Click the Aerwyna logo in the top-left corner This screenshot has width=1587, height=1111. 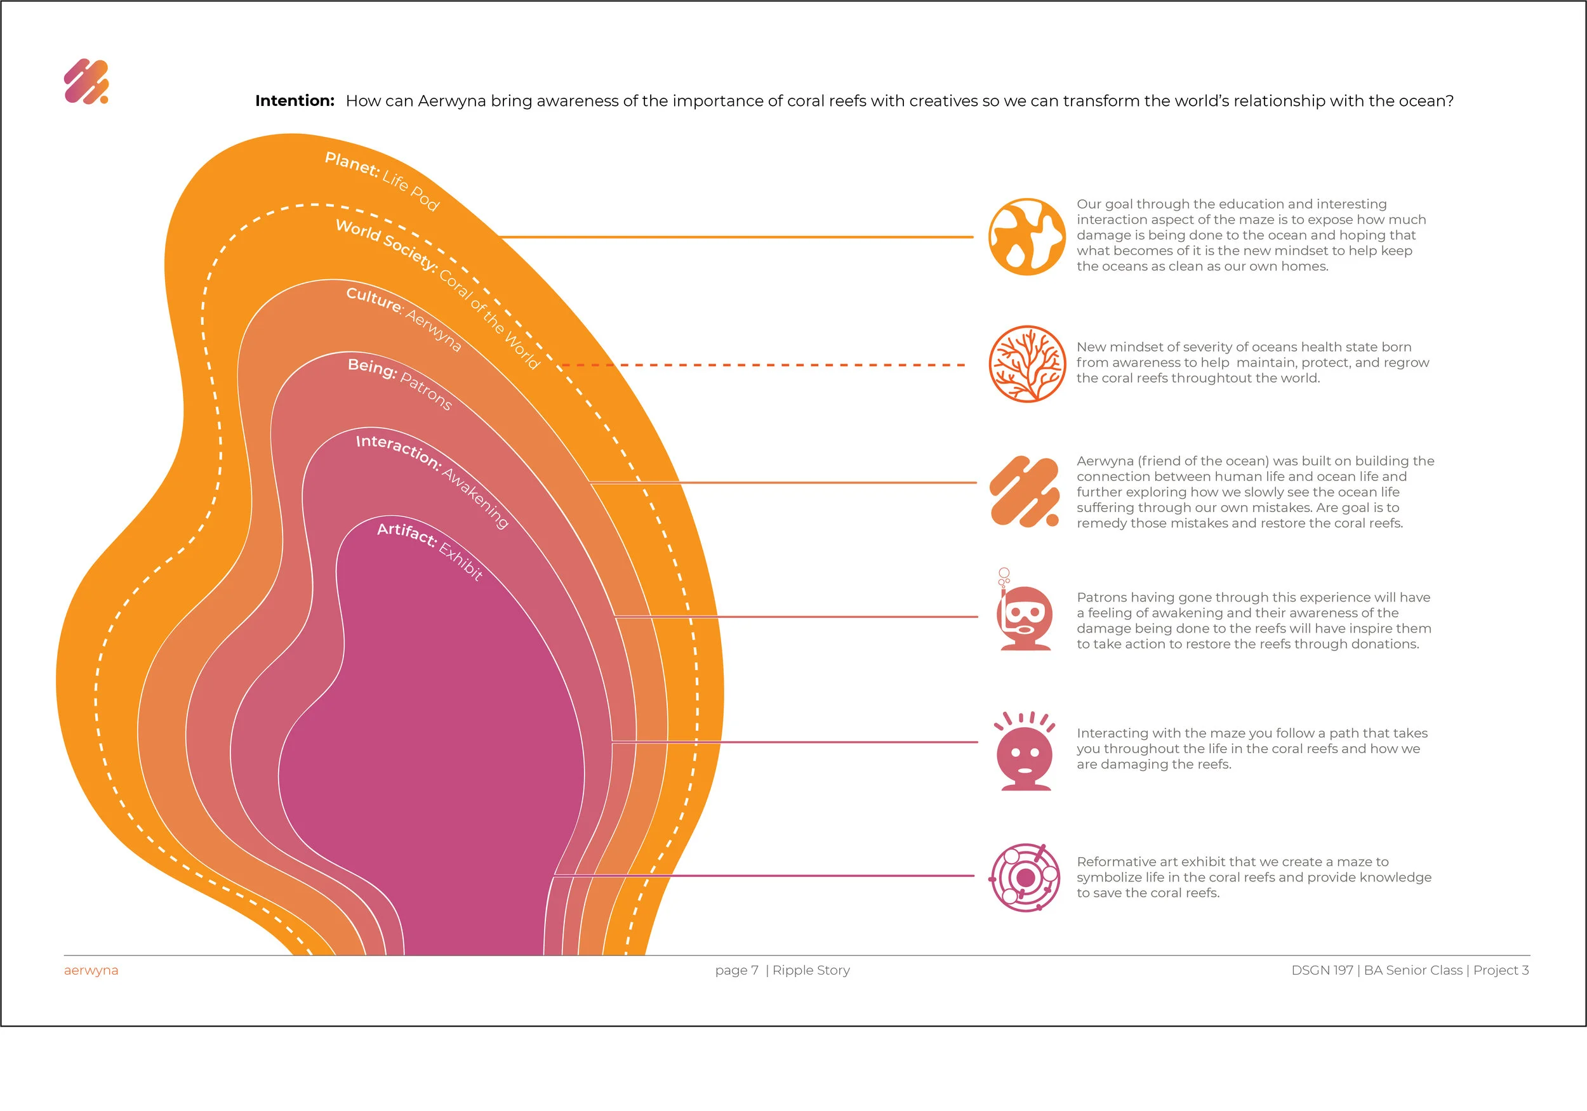click(x=86, y=81)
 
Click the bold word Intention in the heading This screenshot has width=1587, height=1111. click(x=295, y=101)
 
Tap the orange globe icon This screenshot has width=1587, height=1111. click(x=1026, y=237)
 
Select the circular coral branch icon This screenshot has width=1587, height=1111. click(x=1026, y=364)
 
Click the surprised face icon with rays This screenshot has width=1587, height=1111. click(x=1025, y=751)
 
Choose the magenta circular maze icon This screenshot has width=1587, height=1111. click(x=1026, y=878)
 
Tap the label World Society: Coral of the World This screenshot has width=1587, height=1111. click(x=437, y=294)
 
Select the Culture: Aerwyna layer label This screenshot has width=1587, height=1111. click(x=404, y=319)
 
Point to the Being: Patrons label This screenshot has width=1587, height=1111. click(x=400, y=384)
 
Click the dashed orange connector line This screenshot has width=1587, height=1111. click(x=763, y=365)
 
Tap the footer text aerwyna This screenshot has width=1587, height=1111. click(x=91, y=971)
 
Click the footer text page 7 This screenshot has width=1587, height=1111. click(x=737, y=971)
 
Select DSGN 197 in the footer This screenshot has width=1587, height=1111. click(x=1322, y=971)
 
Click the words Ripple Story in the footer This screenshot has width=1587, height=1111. click(x=811, y=971)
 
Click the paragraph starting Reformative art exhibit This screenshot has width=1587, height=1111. click(x=1254, y=878)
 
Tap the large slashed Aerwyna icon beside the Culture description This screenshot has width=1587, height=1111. click(x=1025, y=491)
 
